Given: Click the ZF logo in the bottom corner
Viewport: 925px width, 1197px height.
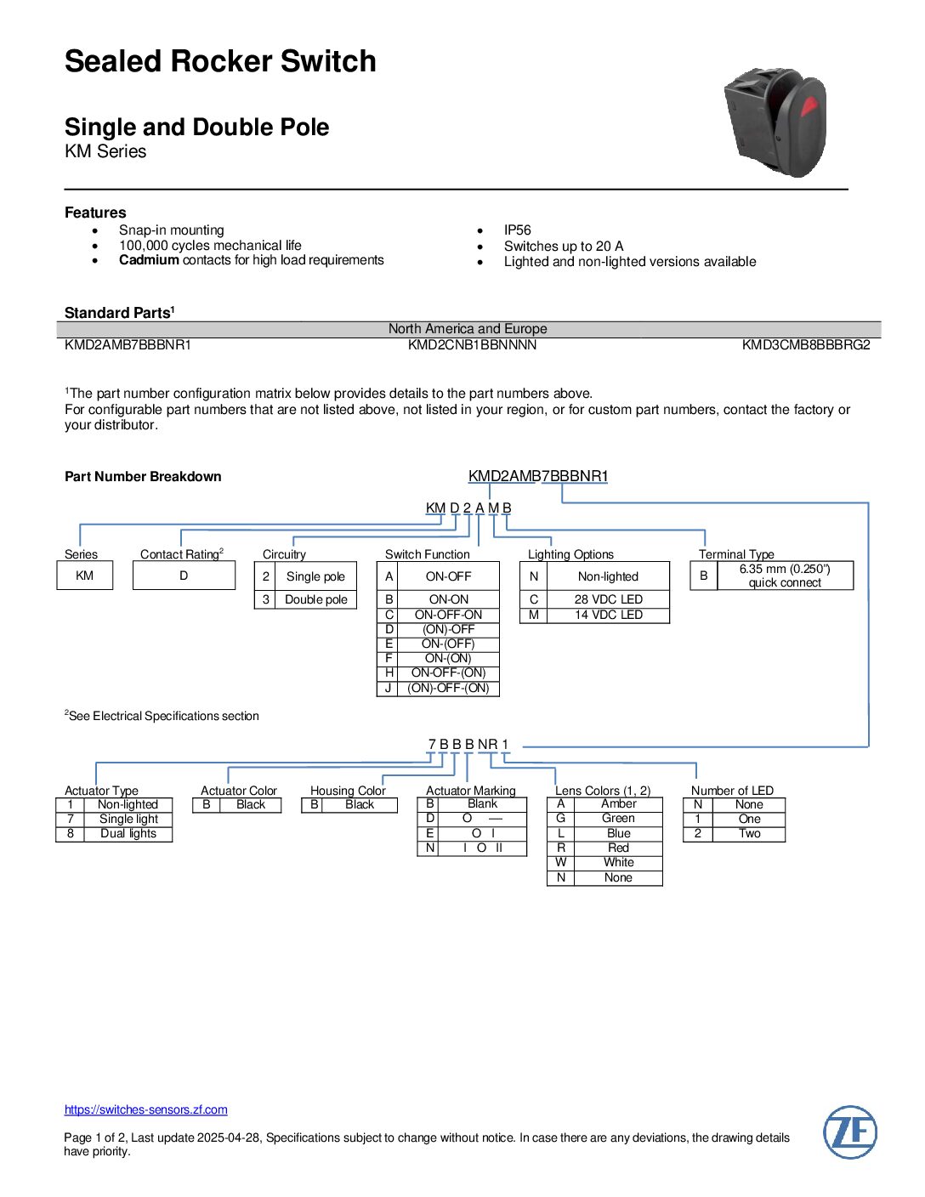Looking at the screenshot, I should click(849, 1132).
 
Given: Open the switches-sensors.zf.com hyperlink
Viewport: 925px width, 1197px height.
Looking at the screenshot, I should click(146, 1109).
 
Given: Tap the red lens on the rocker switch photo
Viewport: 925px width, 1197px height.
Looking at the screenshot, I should click(809, 107).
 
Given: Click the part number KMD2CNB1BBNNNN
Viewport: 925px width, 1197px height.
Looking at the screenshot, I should click(472, 345).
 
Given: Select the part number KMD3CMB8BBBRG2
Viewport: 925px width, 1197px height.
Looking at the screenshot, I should click(805, 345).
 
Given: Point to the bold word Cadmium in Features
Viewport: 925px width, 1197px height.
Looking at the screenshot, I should click(149, 260).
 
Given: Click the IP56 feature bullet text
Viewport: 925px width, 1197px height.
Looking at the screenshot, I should click(517, 230).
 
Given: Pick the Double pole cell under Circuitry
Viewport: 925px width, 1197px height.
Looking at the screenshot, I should click(316, 599).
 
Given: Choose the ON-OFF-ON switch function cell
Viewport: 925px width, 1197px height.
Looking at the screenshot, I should click(448, 615).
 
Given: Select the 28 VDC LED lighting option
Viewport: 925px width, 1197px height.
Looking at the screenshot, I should click(608, 599).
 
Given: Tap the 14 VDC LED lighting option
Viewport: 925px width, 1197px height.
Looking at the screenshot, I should click(608, 615).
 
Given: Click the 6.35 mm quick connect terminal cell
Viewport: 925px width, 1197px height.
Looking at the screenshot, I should click(784, 576).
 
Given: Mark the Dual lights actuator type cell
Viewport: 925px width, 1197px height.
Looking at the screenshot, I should click(128, 833).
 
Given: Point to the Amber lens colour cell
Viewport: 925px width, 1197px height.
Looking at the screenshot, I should click(618, 803).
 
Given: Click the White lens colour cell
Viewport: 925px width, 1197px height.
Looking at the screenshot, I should click(618, 862).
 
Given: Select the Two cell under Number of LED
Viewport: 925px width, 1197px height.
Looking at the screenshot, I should click(749, 833).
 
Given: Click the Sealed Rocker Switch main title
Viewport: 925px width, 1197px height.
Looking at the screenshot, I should click(220, 61).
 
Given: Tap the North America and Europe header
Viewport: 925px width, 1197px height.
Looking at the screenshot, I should click(468, 329).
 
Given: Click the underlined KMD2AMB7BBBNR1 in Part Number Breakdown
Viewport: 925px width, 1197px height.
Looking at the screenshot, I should click(538, 476).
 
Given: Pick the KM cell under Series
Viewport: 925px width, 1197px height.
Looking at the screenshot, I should click(84, 576).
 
